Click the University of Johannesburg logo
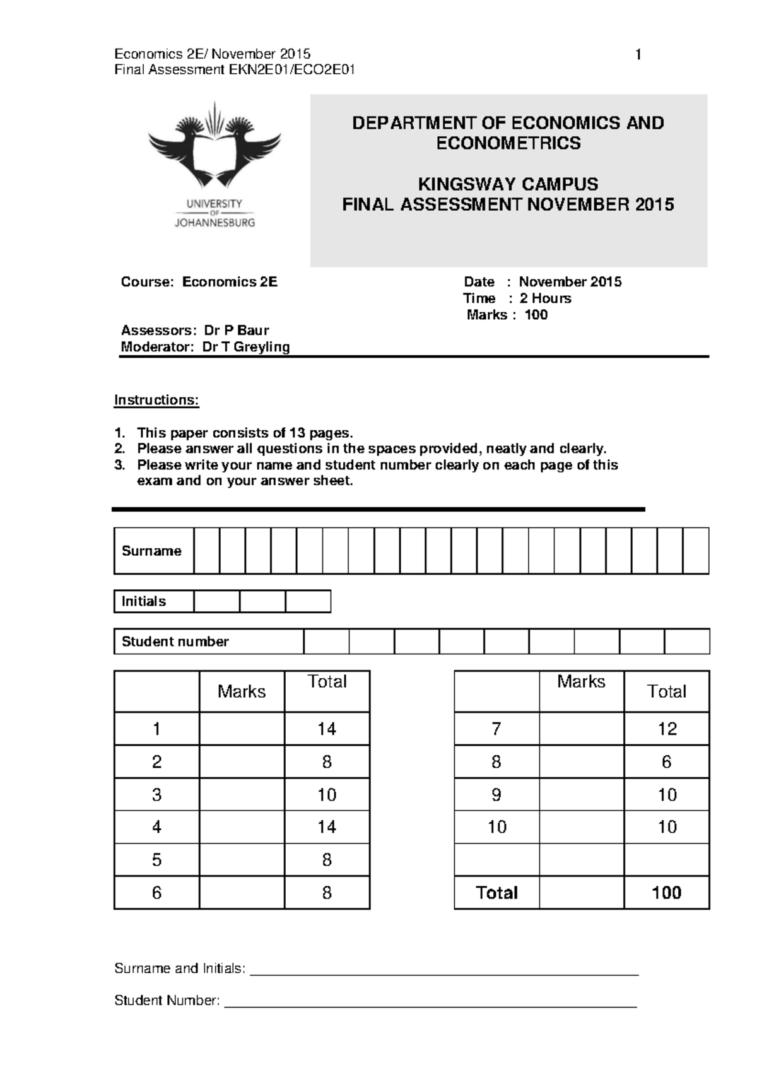[x=214, y=164]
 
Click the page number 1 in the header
[x=638, y=55]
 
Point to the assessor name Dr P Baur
[x=237, y=330]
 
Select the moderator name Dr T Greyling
[x=246, y=346]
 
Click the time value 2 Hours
[x=545, y=298]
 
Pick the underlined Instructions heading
[x=156, y=400]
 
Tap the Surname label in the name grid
[x=151, y=551]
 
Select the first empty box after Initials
[x=216, y=601]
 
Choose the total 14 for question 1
[x=327, y=729]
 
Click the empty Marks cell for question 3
[x=242, y=794]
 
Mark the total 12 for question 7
[x=667, y=729]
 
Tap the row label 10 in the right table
[x=497, y=827]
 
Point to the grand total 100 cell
[x=667, y=893]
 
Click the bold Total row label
[x=497, y=893]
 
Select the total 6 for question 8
[x=667, y=762]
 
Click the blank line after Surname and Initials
[x=445, y=970]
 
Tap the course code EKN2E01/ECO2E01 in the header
[x=291, y=70]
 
